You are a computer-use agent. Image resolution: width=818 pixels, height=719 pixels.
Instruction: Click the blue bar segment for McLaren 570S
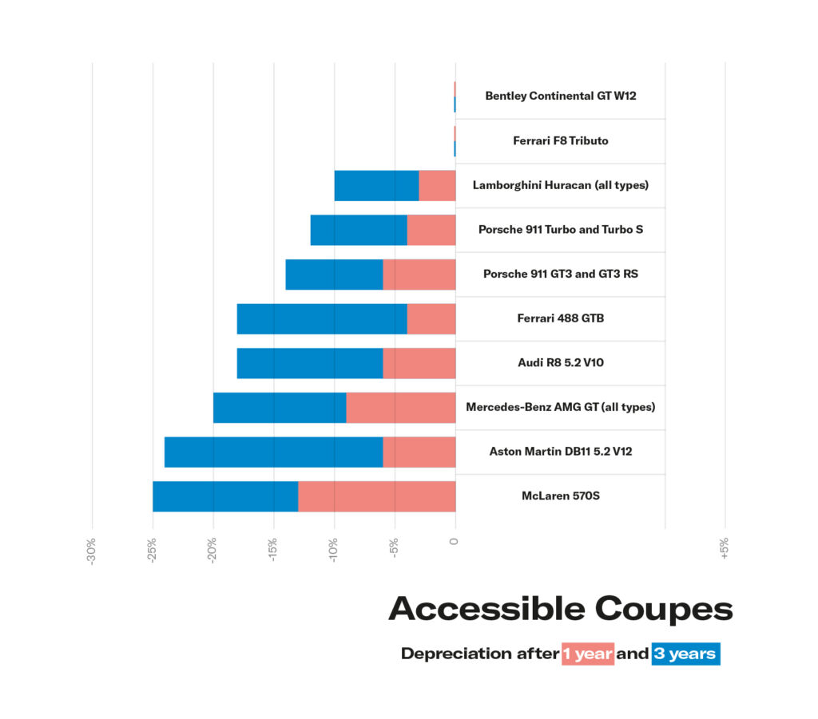point(225,496)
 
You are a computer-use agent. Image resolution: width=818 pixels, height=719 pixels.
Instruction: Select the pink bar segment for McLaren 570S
point(376,496)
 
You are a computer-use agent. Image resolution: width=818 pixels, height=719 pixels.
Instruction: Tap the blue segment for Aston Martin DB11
point(273,452)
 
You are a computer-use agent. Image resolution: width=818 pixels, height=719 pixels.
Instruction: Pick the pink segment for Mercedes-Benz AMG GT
point(400,407)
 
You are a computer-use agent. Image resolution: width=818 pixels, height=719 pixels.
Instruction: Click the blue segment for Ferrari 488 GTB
point(322,318)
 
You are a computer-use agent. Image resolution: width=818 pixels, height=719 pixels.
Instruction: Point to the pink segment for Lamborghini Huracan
point(437,185)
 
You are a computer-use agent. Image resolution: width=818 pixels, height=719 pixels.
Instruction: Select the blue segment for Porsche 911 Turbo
point(359,230)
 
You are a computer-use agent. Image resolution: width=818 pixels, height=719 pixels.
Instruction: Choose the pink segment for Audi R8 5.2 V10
point(419,363)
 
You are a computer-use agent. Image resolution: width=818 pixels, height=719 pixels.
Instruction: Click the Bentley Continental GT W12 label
point(560,96)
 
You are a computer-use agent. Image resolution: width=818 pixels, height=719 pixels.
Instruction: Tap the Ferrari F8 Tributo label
point(560,140)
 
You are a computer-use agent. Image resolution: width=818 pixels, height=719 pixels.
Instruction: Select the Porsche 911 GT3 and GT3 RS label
point(560,274)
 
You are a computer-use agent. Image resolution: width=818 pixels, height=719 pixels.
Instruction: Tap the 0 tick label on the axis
point(455,542)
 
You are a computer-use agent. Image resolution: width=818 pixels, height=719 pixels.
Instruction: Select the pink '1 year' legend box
point(587,654)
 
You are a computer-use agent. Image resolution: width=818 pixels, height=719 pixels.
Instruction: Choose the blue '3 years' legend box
point(685,654)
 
